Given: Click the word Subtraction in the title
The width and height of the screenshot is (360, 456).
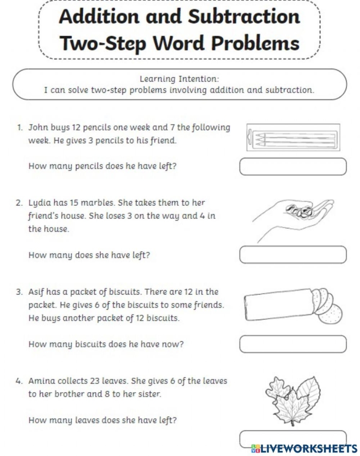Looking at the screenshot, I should pyautogui.click(x=243, y=17).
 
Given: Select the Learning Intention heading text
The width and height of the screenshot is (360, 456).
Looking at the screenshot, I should pyautogui.click(x=179, y=79).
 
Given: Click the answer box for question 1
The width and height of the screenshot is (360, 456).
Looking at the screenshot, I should pyautogui.click(x=293, y=166).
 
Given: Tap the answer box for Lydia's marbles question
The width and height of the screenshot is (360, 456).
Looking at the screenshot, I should pyautogui.click(x=293, y=255).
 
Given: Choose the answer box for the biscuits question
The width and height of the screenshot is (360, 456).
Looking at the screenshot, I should pyautogui.click(x=293, y=344).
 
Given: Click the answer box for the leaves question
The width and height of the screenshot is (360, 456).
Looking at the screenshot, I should pyautogui.click(x=293, y=437).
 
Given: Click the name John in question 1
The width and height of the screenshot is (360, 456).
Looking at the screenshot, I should pyautogui.click(x=38, y=127).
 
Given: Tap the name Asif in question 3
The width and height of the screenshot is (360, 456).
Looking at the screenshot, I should pyautogui.click(x=38, y=292).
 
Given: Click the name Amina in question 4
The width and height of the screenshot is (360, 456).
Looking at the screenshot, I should pyautogui.click(x=41, y=381).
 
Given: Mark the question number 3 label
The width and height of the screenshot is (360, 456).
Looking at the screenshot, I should pyautogui.click(x=19, y=292).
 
